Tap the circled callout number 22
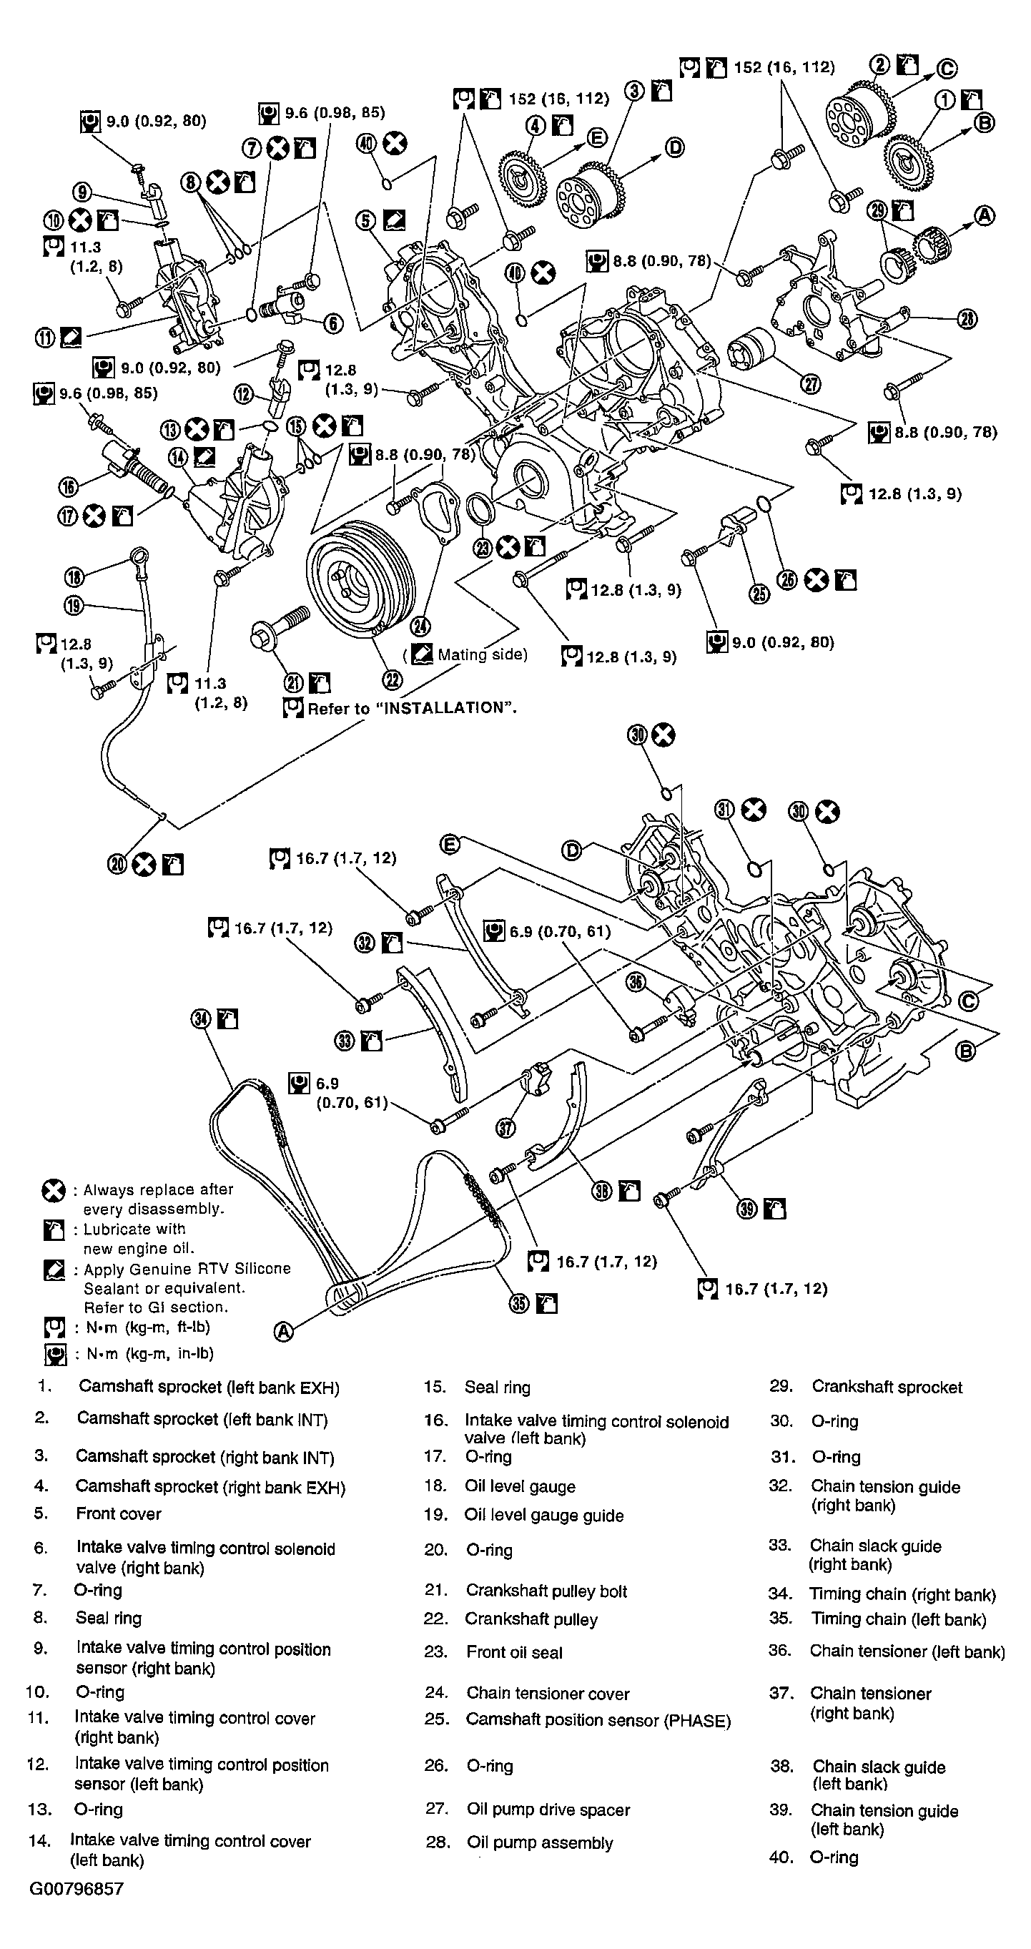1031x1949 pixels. click(392, 679)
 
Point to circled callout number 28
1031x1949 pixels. click(967, 319)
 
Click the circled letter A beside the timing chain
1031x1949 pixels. click(282, 1332)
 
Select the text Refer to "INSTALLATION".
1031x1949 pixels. click(412, 708)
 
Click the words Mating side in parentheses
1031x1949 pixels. click(482, 654)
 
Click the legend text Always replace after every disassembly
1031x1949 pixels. click(157, 1199)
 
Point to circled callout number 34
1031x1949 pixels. click(200, 1019)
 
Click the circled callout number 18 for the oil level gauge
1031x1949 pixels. click(74, 577)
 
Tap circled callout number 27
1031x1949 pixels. click(810, 384)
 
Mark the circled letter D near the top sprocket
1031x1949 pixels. click(674, 147)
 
